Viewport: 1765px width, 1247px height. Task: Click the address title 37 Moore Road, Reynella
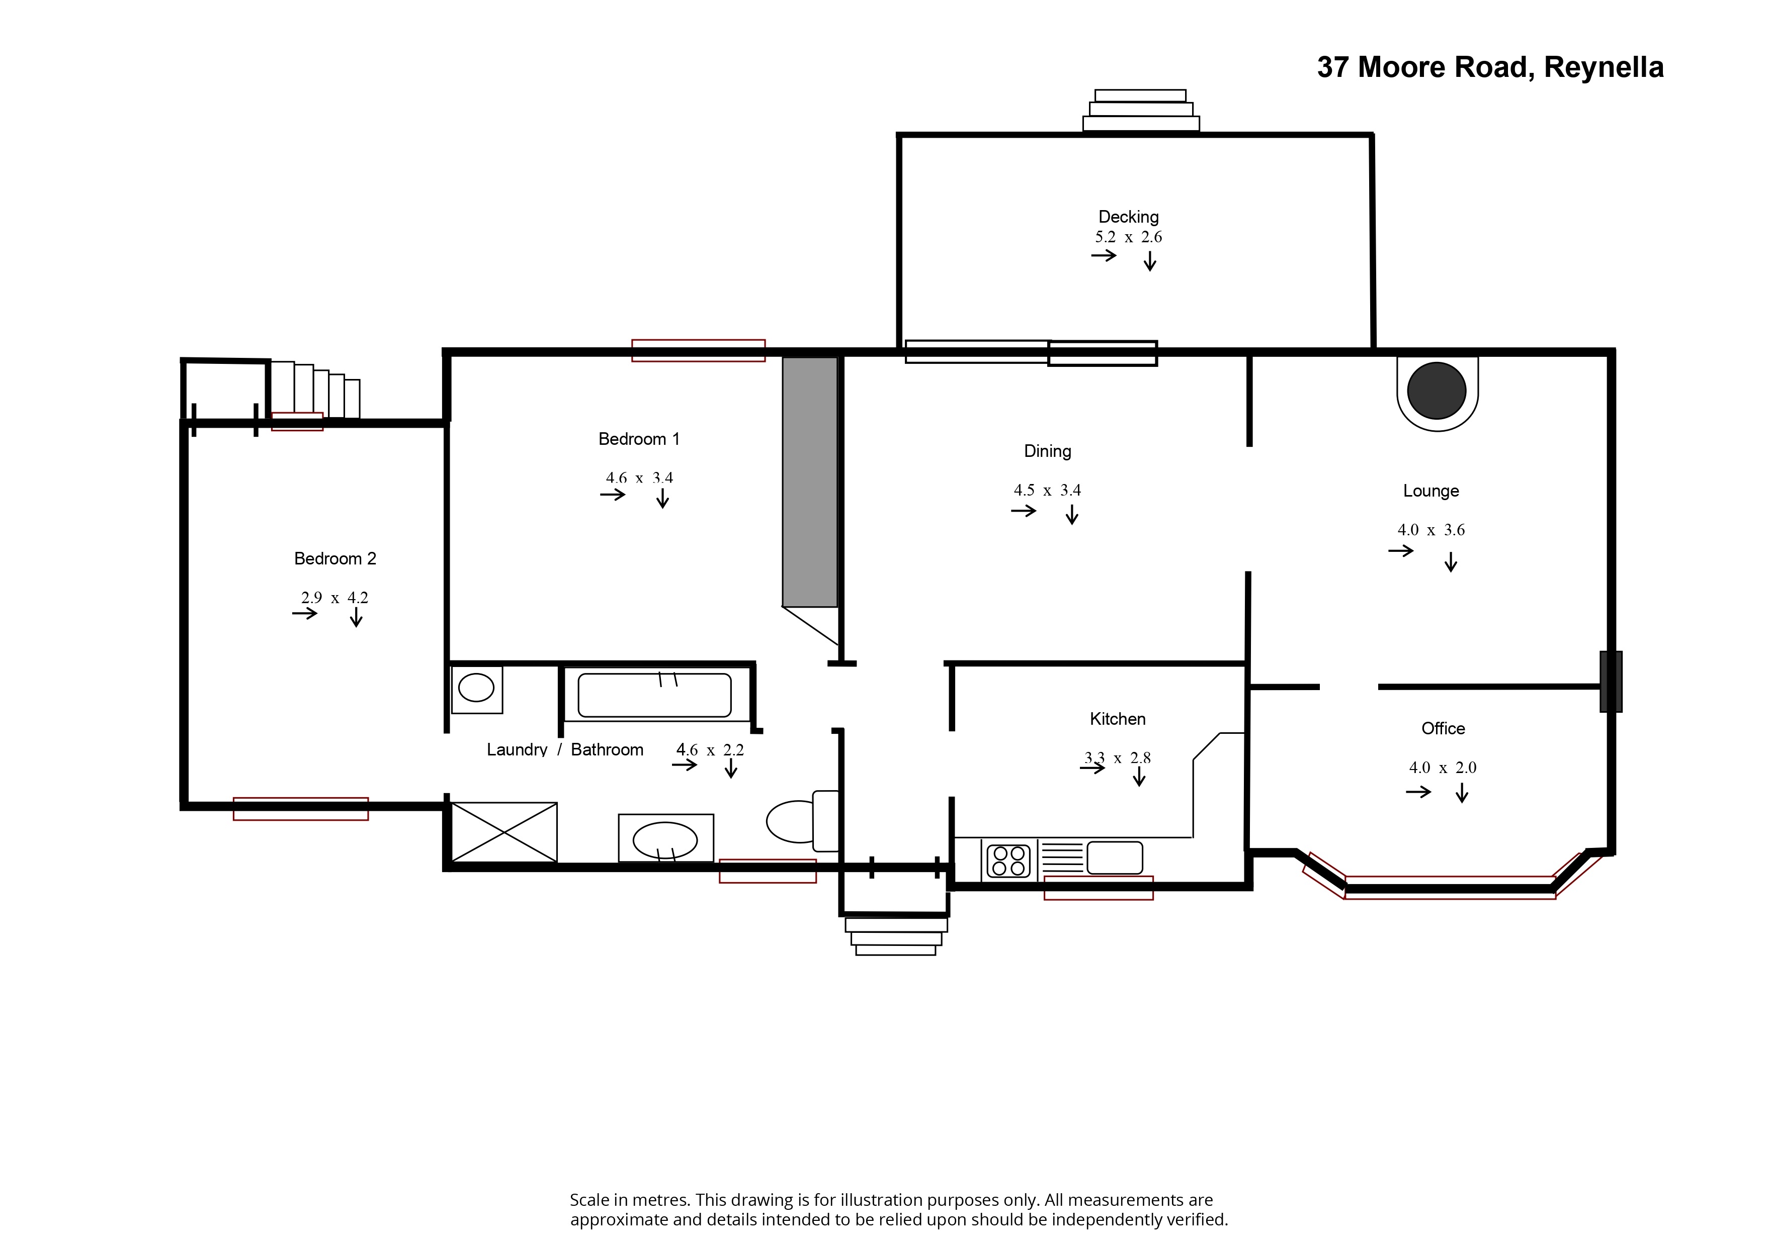point(1490,68)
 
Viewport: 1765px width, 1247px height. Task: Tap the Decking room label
point(1128,217)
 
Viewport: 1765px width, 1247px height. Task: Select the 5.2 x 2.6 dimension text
point(1128,237)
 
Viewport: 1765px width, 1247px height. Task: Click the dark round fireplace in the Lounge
point(1436,391)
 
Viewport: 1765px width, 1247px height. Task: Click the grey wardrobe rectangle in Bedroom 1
point(809,482)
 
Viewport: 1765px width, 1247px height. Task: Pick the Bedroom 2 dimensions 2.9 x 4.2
point(334,598)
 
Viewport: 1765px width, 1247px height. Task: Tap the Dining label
point(1047,451)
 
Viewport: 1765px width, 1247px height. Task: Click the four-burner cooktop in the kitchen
point(1008,860)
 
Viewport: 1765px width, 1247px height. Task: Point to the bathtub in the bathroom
point(654,695)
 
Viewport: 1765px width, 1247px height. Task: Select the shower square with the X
point(503,832)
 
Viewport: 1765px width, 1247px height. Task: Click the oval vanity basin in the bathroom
point(665,840)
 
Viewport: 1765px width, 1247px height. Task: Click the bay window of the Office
point(1450,888)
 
